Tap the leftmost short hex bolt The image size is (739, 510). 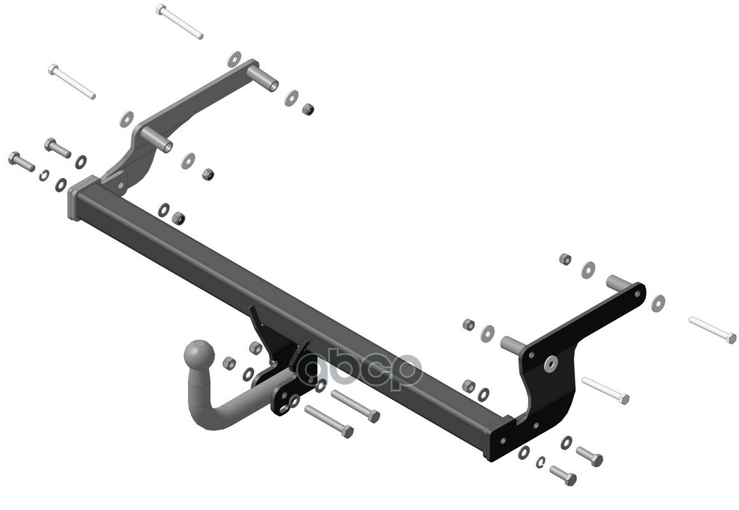click(x=21, y=161)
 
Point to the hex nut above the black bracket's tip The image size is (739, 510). click(x=564, y=259)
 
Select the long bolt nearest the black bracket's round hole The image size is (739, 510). click(x=605, y=390)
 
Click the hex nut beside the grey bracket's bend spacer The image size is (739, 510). click(x=208, y=174)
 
